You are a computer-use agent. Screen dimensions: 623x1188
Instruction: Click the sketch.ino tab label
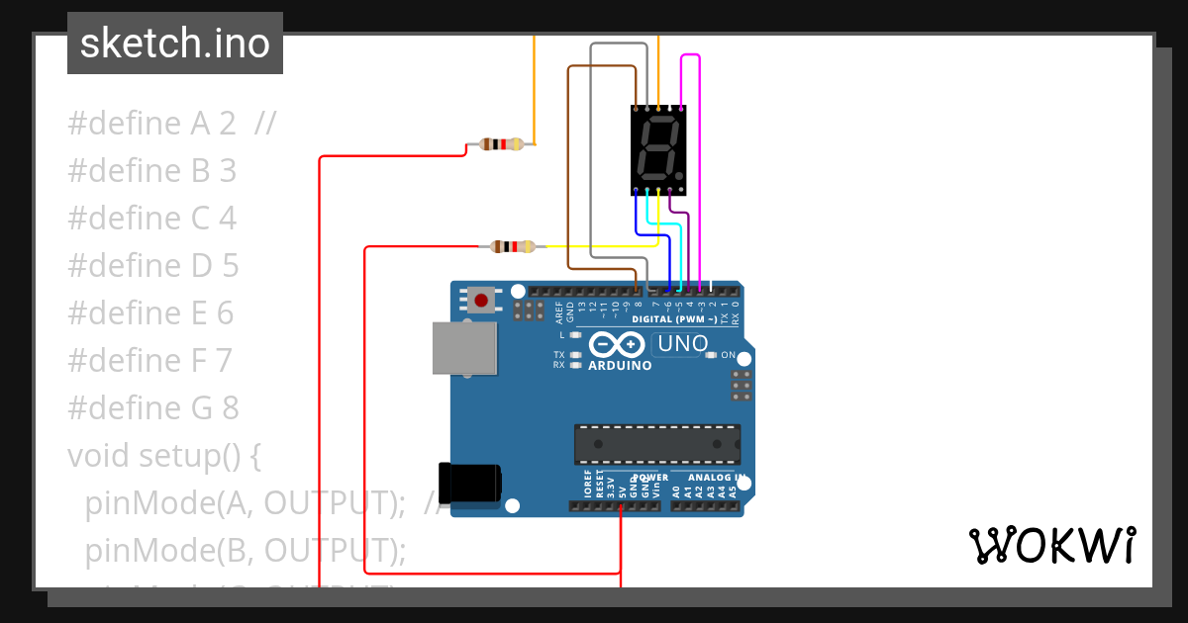(x=174, y=44)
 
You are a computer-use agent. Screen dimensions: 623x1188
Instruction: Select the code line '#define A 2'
(x=151, y=124)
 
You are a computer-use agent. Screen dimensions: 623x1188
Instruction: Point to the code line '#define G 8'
(x=152, y=407)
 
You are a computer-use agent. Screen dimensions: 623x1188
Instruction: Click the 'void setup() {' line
(x=164, y=455)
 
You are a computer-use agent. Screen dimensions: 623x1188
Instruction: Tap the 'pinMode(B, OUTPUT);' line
(x=246, y=549)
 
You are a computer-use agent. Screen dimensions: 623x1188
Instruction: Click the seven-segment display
(x=658, y=149)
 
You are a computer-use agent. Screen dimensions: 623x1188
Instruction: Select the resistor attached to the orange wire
(x=501, y=144)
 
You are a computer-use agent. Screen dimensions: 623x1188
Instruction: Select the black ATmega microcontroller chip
(x=657, y=444)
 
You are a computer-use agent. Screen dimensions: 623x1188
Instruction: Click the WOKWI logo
(x=1051, y=545)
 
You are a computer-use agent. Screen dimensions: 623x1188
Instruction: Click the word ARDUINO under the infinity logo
(x=620, y=365)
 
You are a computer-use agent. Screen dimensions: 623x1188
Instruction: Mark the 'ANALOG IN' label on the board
(x=712, y=478)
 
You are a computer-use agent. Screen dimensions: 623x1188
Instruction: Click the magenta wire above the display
(x=691, y=55)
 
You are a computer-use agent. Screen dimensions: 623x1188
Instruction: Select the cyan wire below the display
(x=665, y=225)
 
